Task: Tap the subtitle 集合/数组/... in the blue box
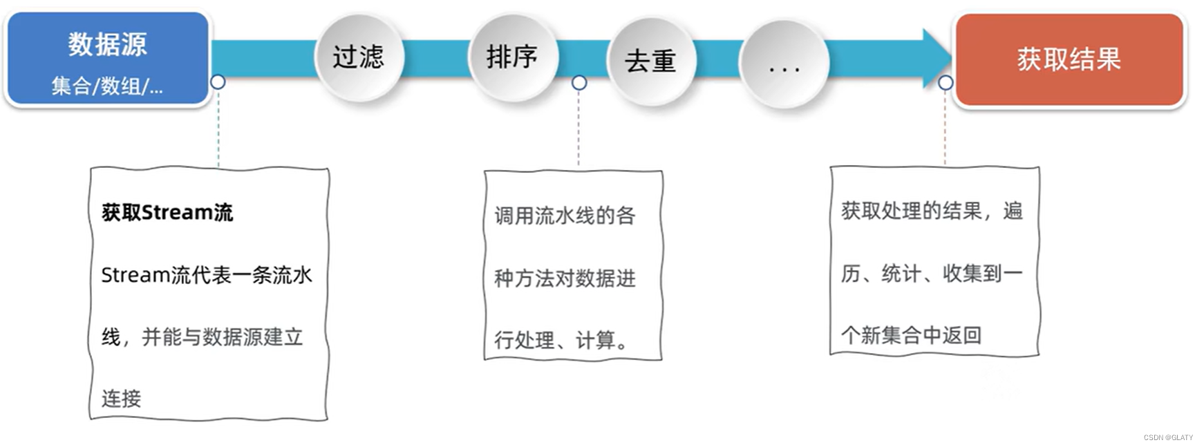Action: (x=107, y=86)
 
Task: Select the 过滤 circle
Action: (x=358, y=57)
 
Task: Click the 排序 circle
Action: (x=511, y=57)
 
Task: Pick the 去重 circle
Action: (x=650, y=61)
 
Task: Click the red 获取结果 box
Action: (x=1069, y=60)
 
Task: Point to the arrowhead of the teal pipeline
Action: (x=937, y=58)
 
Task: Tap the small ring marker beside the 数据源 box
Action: (x=218, y=82)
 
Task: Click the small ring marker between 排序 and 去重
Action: (x=579, y=83)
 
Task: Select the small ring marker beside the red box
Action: (x=946, y=83)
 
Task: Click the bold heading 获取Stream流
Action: (x=167, y=212)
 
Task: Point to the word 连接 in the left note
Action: (x=121, y=399)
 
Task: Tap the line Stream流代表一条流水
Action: (x=207, y=275)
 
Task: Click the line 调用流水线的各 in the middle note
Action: (x=565, y=216)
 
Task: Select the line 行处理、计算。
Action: (x=561, y=340)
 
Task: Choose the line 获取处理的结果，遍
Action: (x=932, y=211)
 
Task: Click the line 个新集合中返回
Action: (x=911, y=335)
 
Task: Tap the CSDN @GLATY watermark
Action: (x=1168, y=437)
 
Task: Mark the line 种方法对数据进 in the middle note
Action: (x=565, y=278)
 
